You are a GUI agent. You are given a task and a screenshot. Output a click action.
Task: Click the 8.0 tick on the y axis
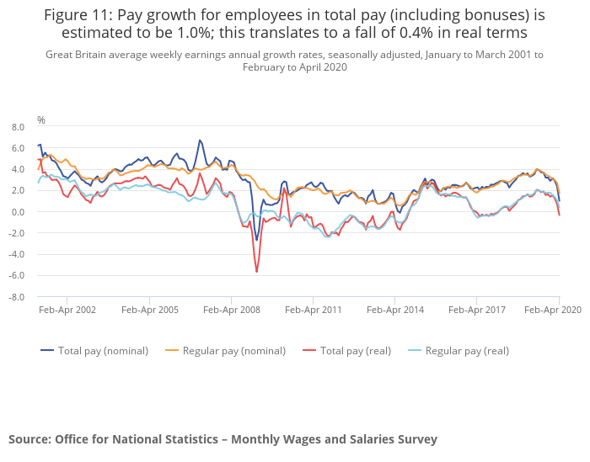click(18, 127)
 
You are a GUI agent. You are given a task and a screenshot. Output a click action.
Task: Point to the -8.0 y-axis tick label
click(17, 297)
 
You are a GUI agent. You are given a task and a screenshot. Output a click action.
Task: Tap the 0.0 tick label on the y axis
click(18, 212)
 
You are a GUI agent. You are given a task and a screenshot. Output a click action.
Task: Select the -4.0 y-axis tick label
click(17, 254)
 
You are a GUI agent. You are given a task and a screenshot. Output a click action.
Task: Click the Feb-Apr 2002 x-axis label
click(67, 310)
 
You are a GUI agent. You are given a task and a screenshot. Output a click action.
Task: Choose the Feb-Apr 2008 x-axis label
click(231, 310)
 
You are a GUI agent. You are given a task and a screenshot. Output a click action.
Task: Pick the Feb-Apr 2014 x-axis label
click(395, 310)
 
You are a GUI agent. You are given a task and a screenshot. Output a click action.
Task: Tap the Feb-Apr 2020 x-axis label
click(553, 310)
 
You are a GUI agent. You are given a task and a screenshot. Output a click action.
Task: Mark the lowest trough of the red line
click(257, 271)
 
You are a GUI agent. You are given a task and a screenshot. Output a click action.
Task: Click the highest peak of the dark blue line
click(200, 141)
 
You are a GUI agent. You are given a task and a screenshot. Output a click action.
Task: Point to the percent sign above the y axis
click(41, 120)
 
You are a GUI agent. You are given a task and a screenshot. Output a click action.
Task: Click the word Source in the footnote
click(29, 438)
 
